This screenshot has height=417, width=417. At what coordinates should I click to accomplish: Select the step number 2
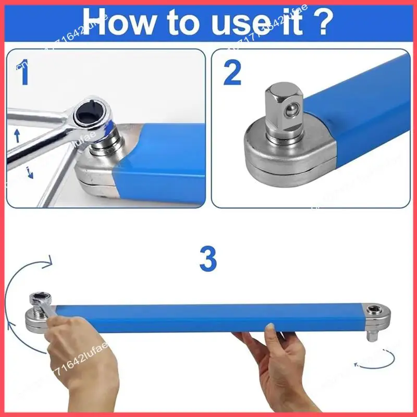pos(232,73)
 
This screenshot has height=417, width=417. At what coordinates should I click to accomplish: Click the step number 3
pos(208,259)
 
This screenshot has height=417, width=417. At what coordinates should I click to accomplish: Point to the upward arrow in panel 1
pos(17,137)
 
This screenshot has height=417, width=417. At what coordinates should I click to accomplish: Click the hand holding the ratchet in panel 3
pos(78,360)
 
